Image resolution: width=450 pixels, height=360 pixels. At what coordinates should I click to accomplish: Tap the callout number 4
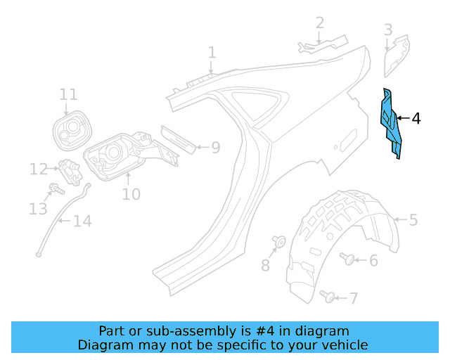416,119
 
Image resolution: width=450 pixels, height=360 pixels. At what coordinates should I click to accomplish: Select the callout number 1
212,53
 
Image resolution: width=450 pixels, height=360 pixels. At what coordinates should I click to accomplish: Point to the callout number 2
320,23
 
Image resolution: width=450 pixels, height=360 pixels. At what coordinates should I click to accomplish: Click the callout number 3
388,30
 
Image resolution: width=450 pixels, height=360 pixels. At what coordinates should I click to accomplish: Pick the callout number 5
413,220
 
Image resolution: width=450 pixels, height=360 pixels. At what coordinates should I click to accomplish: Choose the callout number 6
373,261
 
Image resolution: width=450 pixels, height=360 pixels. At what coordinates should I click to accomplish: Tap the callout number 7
353,299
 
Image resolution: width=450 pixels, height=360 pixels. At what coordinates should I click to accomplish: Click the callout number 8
265,265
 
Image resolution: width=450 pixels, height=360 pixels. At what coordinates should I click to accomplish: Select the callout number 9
215,148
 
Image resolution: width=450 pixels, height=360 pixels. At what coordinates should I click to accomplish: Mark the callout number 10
131,193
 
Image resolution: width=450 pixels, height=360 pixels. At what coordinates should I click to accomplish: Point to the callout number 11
68,95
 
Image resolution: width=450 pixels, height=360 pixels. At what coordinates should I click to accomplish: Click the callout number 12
38,169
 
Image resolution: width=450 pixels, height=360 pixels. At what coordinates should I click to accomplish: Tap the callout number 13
37,209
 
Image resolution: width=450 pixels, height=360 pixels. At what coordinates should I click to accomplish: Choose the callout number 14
82,221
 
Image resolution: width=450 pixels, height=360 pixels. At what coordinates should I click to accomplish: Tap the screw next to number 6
347,259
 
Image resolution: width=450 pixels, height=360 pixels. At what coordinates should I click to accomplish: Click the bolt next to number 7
327,295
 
